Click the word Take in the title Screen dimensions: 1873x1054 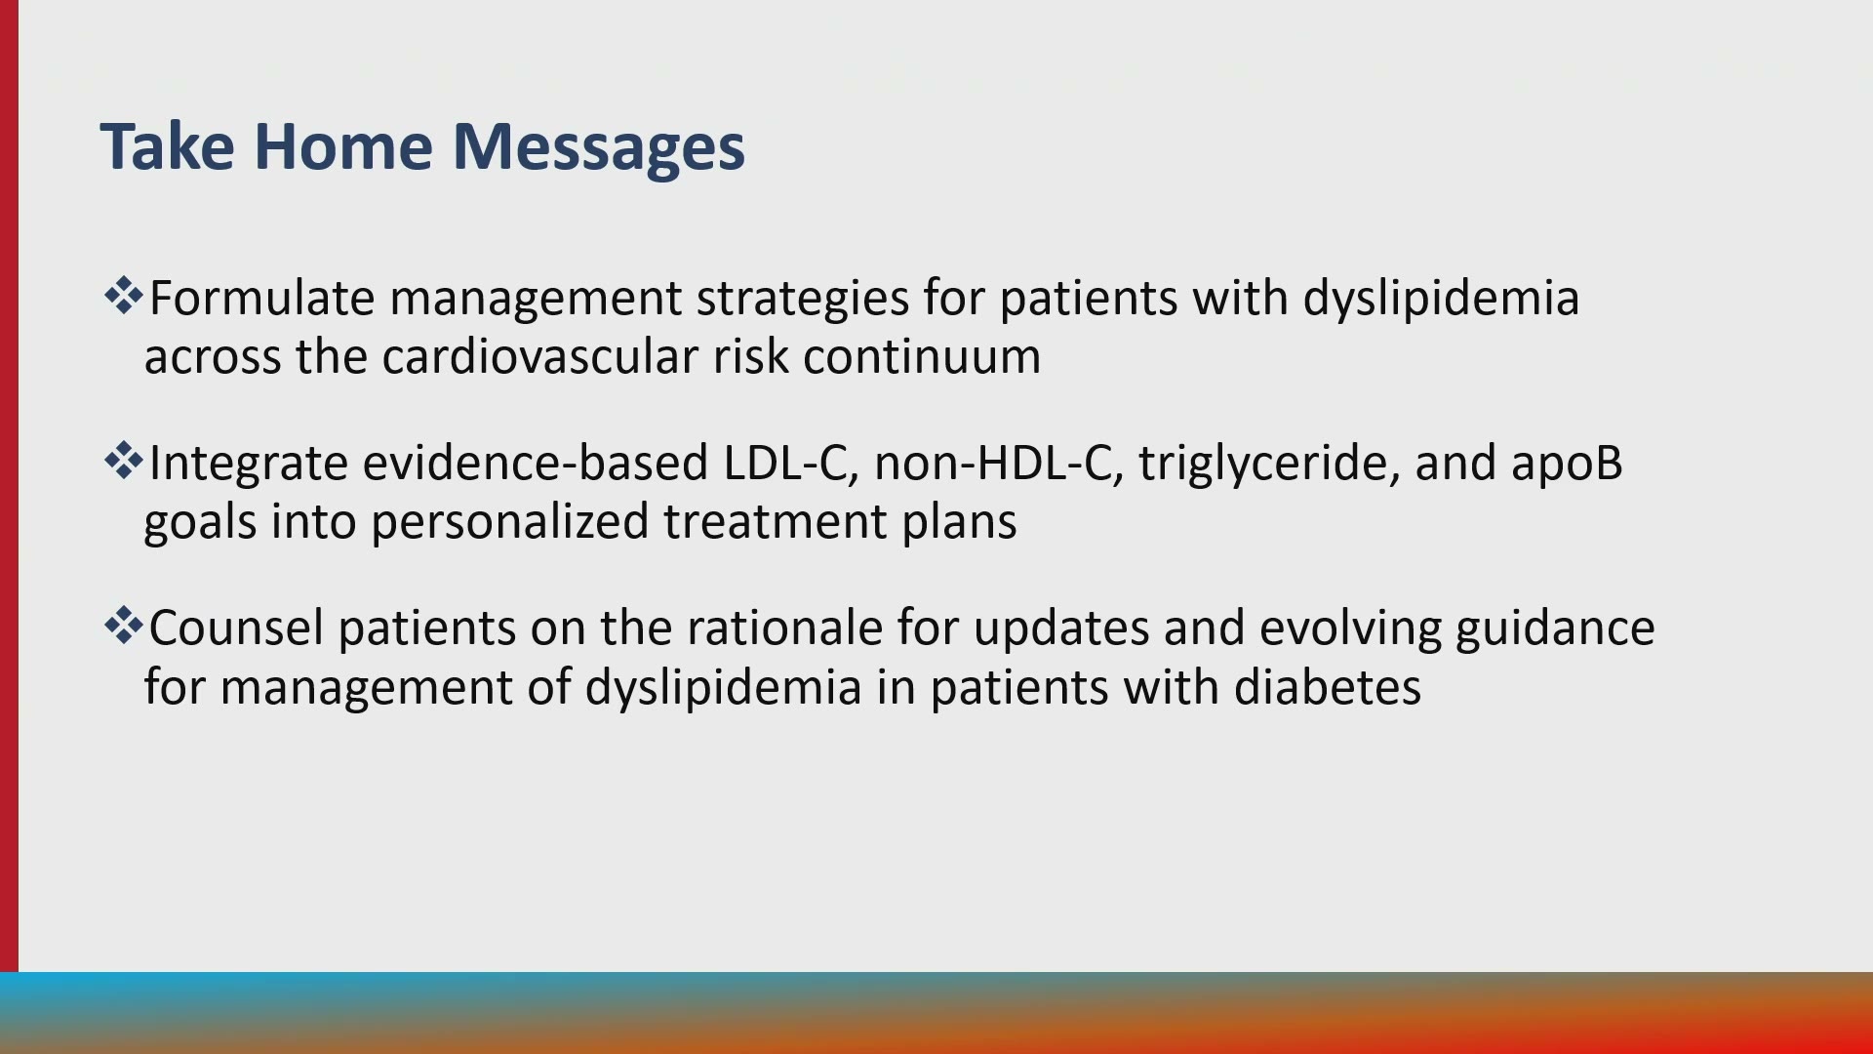(167, 146)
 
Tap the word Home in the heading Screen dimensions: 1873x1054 (342, 146)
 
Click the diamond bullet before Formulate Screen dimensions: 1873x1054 (123, 296)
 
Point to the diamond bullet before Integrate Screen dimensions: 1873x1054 (123, 461)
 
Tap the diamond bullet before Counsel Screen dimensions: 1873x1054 (123, 626)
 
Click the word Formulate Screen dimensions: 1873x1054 (261, 298)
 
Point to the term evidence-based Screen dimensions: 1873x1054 (536, 463)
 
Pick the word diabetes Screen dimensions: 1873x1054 (1328, 687)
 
